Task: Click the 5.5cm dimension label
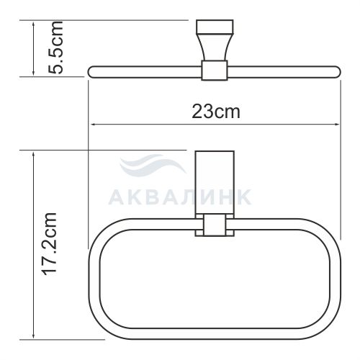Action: tap(56, 48)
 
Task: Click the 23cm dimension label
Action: tap(216, 112)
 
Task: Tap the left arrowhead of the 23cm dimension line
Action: tap(94, 125)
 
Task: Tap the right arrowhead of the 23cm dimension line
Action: tap(336, 125)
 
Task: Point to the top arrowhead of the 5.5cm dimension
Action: tap(34, 24)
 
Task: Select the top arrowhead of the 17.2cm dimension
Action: tap(34, 155)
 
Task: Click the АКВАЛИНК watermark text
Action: tap(180, 197)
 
